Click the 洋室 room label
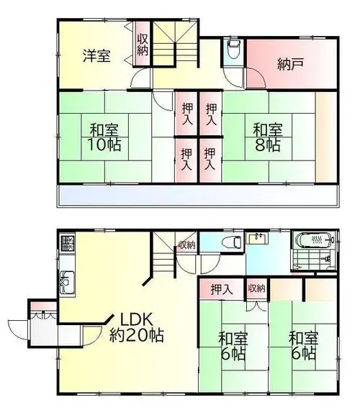point(97,55)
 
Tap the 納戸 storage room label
point(291,64)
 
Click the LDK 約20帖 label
point(136,327)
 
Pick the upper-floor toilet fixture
point(234,50)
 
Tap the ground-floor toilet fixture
point(232,242)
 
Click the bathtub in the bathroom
point(315,239)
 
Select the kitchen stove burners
point(68,243)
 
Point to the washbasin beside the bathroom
point(258,239)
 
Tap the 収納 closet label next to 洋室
point(143,46)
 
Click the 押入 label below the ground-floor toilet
point(222,289)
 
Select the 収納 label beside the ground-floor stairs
point(186,245)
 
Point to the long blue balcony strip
point(198,195)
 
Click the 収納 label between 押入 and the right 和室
point(256,288)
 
